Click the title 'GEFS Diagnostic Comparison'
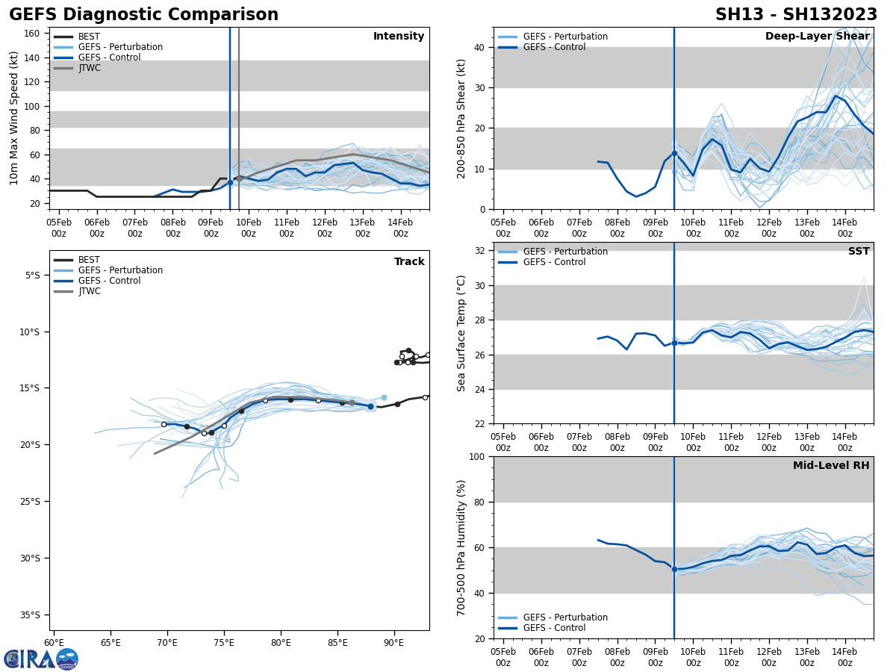143,15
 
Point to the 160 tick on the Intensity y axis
37,33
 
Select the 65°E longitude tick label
111,642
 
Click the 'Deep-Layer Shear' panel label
817,37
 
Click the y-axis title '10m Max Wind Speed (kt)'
14,118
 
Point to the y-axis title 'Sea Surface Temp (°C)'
461,333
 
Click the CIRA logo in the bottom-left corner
41,659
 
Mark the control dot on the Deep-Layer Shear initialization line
674,153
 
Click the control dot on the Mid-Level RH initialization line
674,569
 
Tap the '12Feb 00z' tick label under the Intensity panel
324,228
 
